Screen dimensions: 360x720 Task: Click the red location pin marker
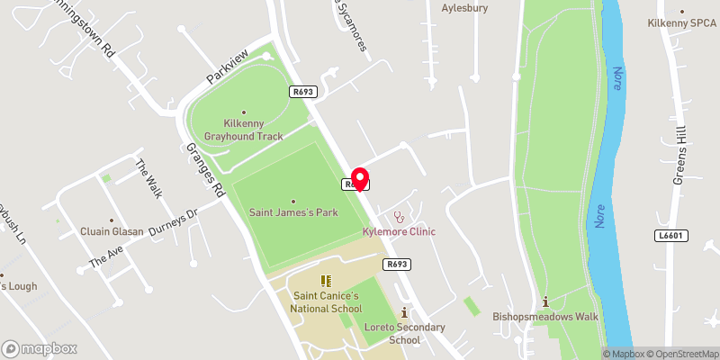[359, 177]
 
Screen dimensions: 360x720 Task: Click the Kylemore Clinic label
[399, 231]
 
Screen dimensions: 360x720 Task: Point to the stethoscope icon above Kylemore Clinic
[399, 217]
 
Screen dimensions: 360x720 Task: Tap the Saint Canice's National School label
[325, 302]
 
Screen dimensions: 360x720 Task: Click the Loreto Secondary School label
[404, 333]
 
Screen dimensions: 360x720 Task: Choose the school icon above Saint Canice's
[325, 282]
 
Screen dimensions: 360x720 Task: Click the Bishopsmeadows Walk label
[545, 317]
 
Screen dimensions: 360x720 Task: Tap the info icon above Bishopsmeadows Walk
[545, 301]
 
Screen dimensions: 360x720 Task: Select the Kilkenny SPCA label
[682, 23]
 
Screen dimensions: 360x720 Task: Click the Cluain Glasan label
[112, 231]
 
